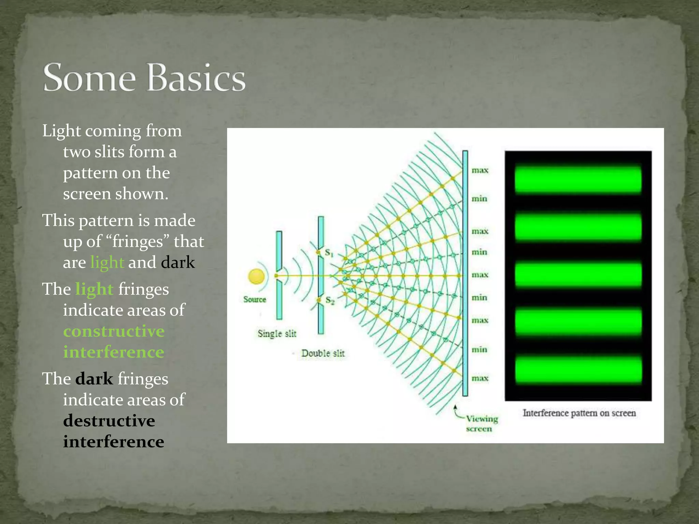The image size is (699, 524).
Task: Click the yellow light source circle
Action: [256, 276]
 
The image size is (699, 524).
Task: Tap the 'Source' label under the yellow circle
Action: [255, 300]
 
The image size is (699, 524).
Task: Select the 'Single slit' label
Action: [277, 333]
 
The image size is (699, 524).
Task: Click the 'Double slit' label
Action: [323, 353]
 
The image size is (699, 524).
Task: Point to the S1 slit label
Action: [329, 253]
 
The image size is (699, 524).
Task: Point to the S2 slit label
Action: [330, 300]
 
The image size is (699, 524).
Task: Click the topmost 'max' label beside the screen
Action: [480, 170]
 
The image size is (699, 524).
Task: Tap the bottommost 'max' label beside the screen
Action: [480, 378]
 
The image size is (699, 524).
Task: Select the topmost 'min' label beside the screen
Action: [479, 199]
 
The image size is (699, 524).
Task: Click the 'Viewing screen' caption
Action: [481, 423]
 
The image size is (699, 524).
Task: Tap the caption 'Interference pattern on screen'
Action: [579, 413]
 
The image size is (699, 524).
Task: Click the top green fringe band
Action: [578, 179]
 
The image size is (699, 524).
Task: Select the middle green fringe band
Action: [578, 274]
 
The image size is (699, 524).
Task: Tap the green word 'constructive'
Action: [114, 331]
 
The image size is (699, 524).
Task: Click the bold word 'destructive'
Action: [109, 421]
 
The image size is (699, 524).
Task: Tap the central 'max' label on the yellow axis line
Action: [480, 275]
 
